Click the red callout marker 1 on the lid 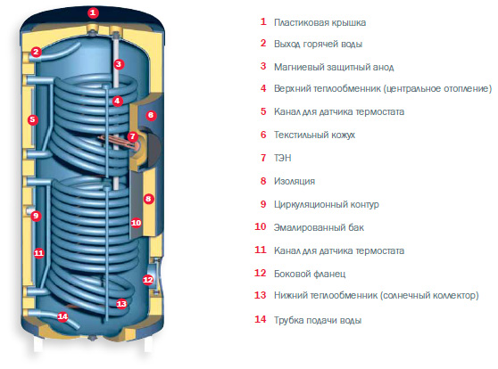(x=93, y=13)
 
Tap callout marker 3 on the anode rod (x=119, y=64)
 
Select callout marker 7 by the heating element (x=132, y=136)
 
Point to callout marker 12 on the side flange (x=147, y=280)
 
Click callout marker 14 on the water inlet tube (x=62, y=316)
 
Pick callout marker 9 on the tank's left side (x=36, y=216)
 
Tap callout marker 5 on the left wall (x=32, y=120)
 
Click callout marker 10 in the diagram (x=136, y=223)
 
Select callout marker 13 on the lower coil (x=121, y=304)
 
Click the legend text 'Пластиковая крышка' (x=320, y=23)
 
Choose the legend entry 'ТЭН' (x=283, y=158)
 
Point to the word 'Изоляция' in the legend (x=295, y=182)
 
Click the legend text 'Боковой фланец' (x=310, y=274)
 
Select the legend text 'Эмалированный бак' (x=319, y=227)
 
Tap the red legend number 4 (x=263, y=88)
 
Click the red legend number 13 (x=260, y=295)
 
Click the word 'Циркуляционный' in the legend (x=311, y=205)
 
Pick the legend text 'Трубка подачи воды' (x=318, y=320)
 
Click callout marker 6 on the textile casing (x=151, y=115)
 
